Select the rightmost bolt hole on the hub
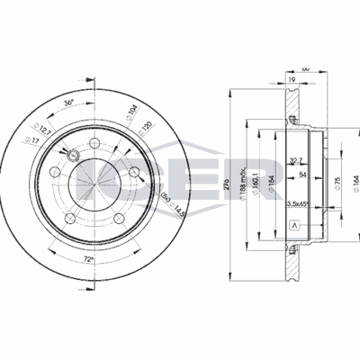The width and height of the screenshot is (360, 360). point(133,174)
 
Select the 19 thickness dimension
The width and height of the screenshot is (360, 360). point(292,79)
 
